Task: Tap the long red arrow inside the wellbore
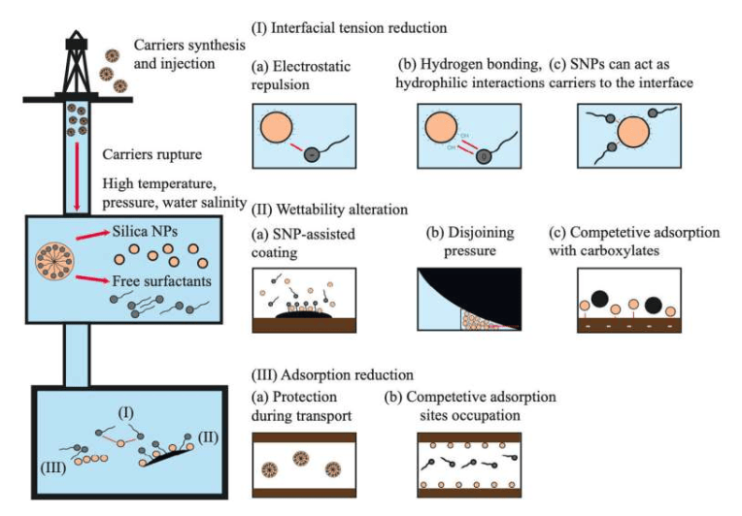click(75, 165)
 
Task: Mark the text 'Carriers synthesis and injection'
click(161, 52)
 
